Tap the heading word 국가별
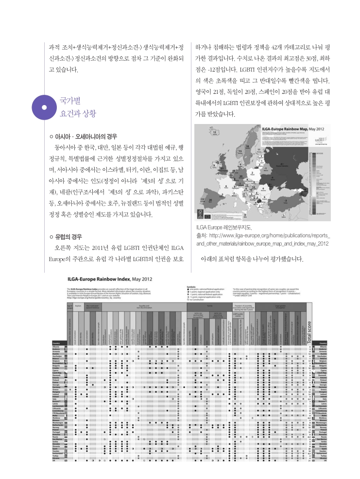click(x=70, y=101)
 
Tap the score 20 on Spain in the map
click(x=210, y=199)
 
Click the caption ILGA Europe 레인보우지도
click(x=223, y=227)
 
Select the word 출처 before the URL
click(x=201, y=235)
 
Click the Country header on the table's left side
click(x=56, y=343)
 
